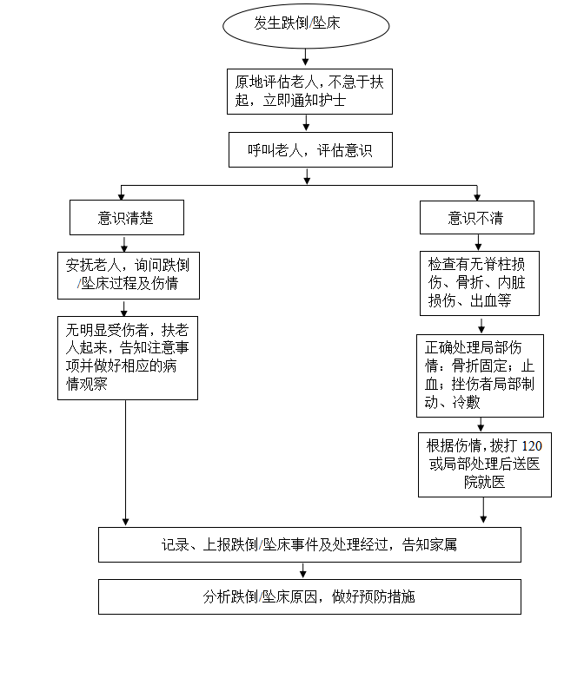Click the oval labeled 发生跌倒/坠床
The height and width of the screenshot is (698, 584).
click(x=306, y=26)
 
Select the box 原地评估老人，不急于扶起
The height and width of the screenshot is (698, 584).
click(x=309, y=92)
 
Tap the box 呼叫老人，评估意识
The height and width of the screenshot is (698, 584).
click(x=310, y=149)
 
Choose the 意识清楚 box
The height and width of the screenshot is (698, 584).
click(x=127, y=218)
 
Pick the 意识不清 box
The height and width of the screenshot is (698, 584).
click(x=476, y=218)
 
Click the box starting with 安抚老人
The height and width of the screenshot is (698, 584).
click(x=129, y=275)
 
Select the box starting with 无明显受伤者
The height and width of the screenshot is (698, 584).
click(x=128, y=358)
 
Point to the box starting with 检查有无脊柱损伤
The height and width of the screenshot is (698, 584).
click(x=480, y=284)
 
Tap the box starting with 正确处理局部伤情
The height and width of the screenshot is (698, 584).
click(x=480, y=376)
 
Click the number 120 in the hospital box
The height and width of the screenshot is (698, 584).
click(x=532, y=446)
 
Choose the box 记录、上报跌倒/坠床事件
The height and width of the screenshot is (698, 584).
click(x=309, y=545)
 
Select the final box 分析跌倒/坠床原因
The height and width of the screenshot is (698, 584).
click(x=309, y=597)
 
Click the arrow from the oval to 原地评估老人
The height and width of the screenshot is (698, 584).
click(x=306, y=57)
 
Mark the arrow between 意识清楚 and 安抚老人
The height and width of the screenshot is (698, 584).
click(x=124, y=244)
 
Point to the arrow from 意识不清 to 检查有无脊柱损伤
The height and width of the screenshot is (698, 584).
click(x=478, y=242)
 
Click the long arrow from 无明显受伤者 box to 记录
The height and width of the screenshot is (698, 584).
click(x=126, y=463)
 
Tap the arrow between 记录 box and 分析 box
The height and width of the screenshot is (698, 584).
click(x=303, y=570)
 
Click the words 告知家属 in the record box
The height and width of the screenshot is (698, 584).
click(x=429, y=545)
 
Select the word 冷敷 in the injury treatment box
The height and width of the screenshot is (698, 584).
click(x=467, y=403)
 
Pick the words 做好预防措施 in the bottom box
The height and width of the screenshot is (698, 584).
click(x=374, y=596)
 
